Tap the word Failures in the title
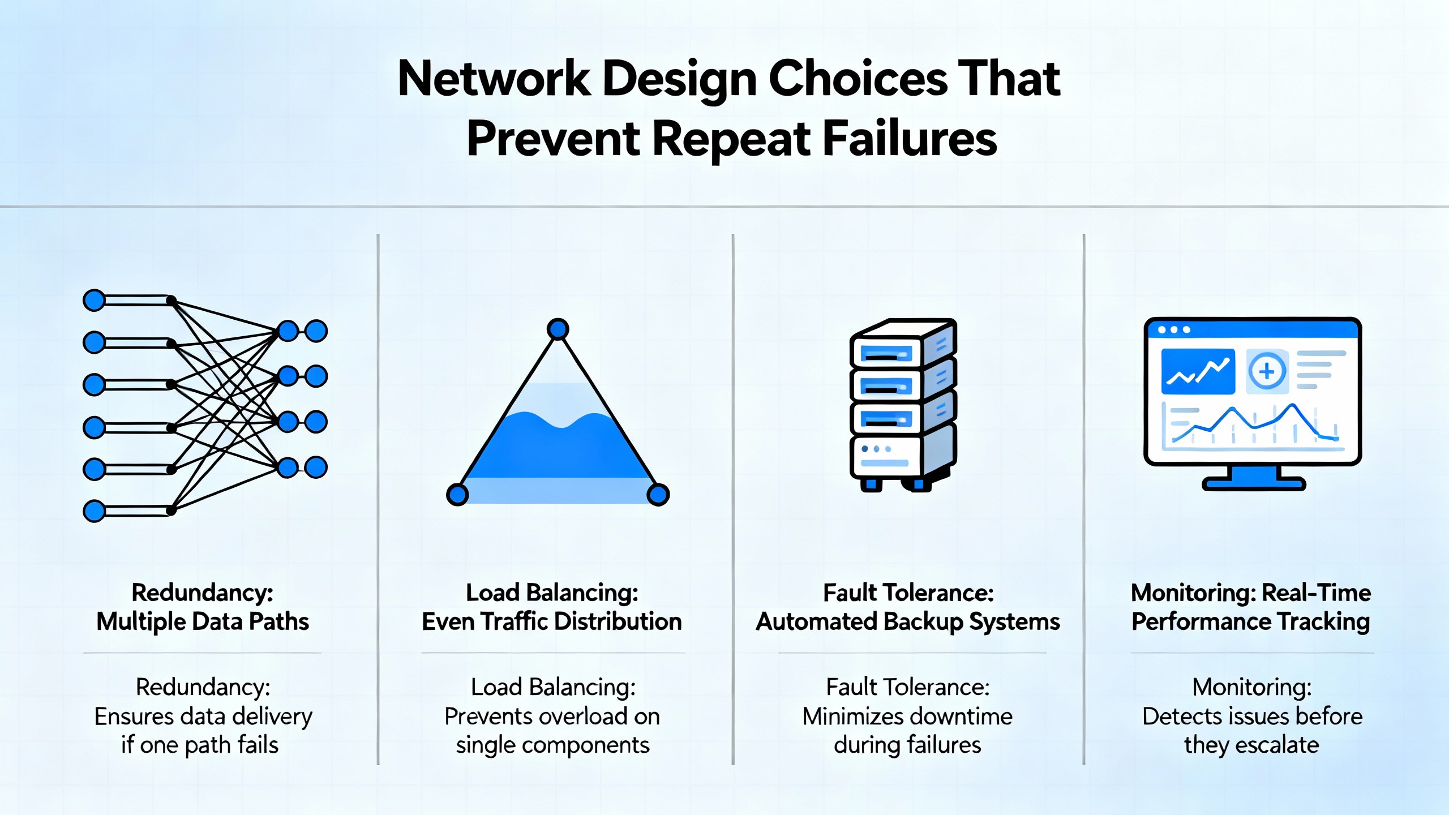(909, 139)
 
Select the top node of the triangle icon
(558, 329)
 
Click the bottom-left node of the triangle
(457, 494)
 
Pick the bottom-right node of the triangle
(658, 494)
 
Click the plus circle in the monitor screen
(1267, 371)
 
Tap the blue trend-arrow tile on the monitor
(1198, 371)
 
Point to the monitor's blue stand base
(1253, 483)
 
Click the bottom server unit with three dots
(886, 456)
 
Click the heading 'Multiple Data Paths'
(203, 621)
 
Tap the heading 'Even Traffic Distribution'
(552, 621)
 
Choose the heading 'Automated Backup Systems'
(908, 621)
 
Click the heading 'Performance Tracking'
(1251, 621)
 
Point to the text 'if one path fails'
(200, 745)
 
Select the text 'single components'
(552, 745)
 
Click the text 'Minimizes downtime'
(907, 717)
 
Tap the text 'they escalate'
(1251, 745)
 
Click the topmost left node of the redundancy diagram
(94, 300)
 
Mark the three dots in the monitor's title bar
(1174, 329)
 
